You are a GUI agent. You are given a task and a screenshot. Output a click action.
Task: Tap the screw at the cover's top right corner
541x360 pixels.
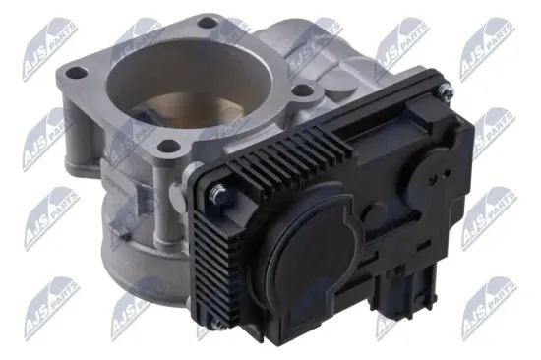[x=446, y=90]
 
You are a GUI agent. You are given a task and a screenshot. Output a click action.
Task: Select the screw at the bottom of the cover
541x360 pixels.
[x=217, y=324]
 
